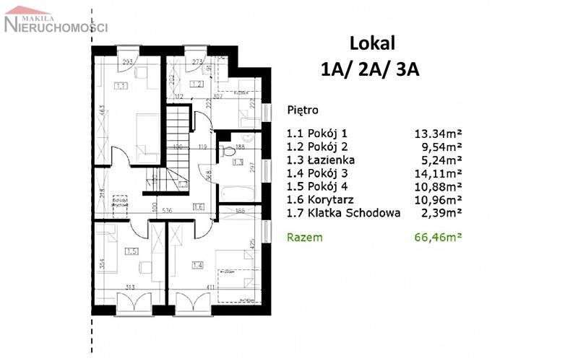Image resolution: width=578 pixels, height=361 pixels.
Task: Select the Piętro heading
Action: (x=302, y=111)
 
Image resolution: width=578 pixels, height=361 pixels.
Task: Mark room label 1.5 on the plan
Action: (x=131, y=251)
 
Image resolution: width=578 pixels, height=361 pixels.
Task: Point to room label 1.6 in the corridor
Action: (x=199, y=207)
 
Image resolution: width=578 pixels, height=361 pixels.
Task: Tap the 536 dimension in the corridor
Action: (x=167, y=212)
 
